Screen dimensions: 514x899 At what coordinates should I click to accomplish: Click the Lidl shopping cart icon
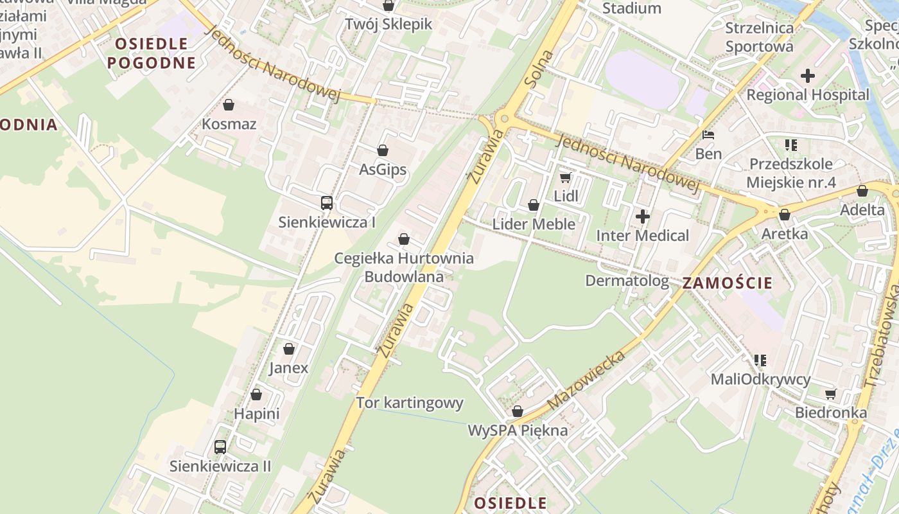tap(565, 177)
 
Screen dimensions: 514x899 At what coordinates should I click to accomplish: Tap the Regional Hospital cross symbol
tap(807, 76)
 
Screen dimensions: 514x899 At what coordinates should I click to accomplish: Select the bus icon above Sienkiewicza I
tap(326, 203)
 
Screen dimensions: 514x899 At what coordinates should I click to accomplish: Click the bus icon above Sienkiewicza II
tap(220, 447)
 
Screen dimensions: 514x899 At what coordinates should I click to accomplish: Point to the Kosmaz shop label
tap(229, 124)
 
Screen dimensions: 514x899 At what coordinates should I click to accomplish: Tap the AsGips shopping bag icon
tap(383, 150)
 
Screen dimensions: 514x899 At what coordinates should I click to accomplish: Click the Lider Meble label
tap(533, 224)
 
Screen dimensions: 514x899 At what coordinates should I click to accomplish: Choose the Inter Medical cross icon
tap(642, 217)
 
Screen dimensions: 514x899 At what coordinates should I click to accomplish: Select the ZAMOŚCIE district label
tap(727, 283)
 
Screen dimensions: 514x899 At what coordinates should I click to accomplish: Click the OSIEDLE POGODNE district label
tap(152, 53)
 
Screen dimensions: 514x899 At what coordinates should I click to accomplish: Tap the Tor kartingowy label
tap(410, 403)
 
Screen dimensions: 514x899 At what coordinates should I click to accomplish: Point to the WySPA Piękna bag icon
tap(517, 411)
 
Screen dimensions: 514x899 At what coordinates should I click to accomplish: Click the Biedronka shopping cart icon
tap(830, 394)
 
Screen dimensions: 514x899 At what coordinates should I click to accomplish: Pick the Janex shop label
tap(288, 368)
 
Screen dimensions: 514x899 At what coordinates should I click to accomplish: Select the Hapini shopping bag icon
tap(256, 394)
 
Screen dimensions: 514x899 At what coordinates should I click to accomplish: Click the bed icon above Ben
tap(708, 135)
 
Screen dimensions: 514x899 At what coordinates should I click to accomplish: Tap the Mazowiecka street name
tap(586, 381)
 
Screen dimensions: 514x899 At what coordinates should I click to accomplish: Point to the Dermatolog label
tap(627, 281)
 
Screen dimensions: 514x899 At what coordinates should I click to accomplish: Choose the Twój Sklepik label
tap(388, 24)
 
